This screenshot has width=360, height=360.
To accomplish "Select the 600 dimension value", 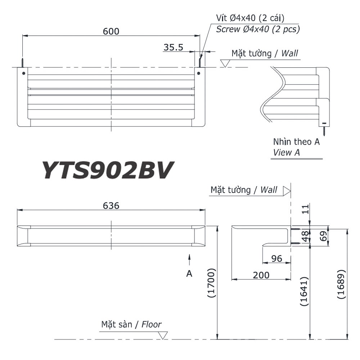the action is [111, 31].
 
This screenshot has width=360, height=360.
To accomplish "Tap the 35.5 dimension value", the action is [174, 47].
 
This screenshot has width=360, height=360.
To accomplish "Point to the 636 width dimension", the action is [111, 206].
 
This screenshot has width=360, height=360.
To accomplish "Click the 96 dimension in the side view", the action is [276, 258].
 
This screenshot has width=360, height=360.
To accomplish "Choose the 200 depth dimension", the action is [261, 275].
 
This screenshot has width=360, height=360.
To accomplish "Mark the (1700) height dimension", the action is [211, 283].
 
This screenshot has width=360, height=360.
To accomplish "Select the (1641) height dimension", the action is [304, 291].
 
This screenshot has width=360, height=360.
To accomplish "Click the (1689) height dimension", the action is [341, 284].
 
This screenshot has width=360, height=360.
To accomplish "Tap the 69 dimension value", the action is [323, 236].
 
